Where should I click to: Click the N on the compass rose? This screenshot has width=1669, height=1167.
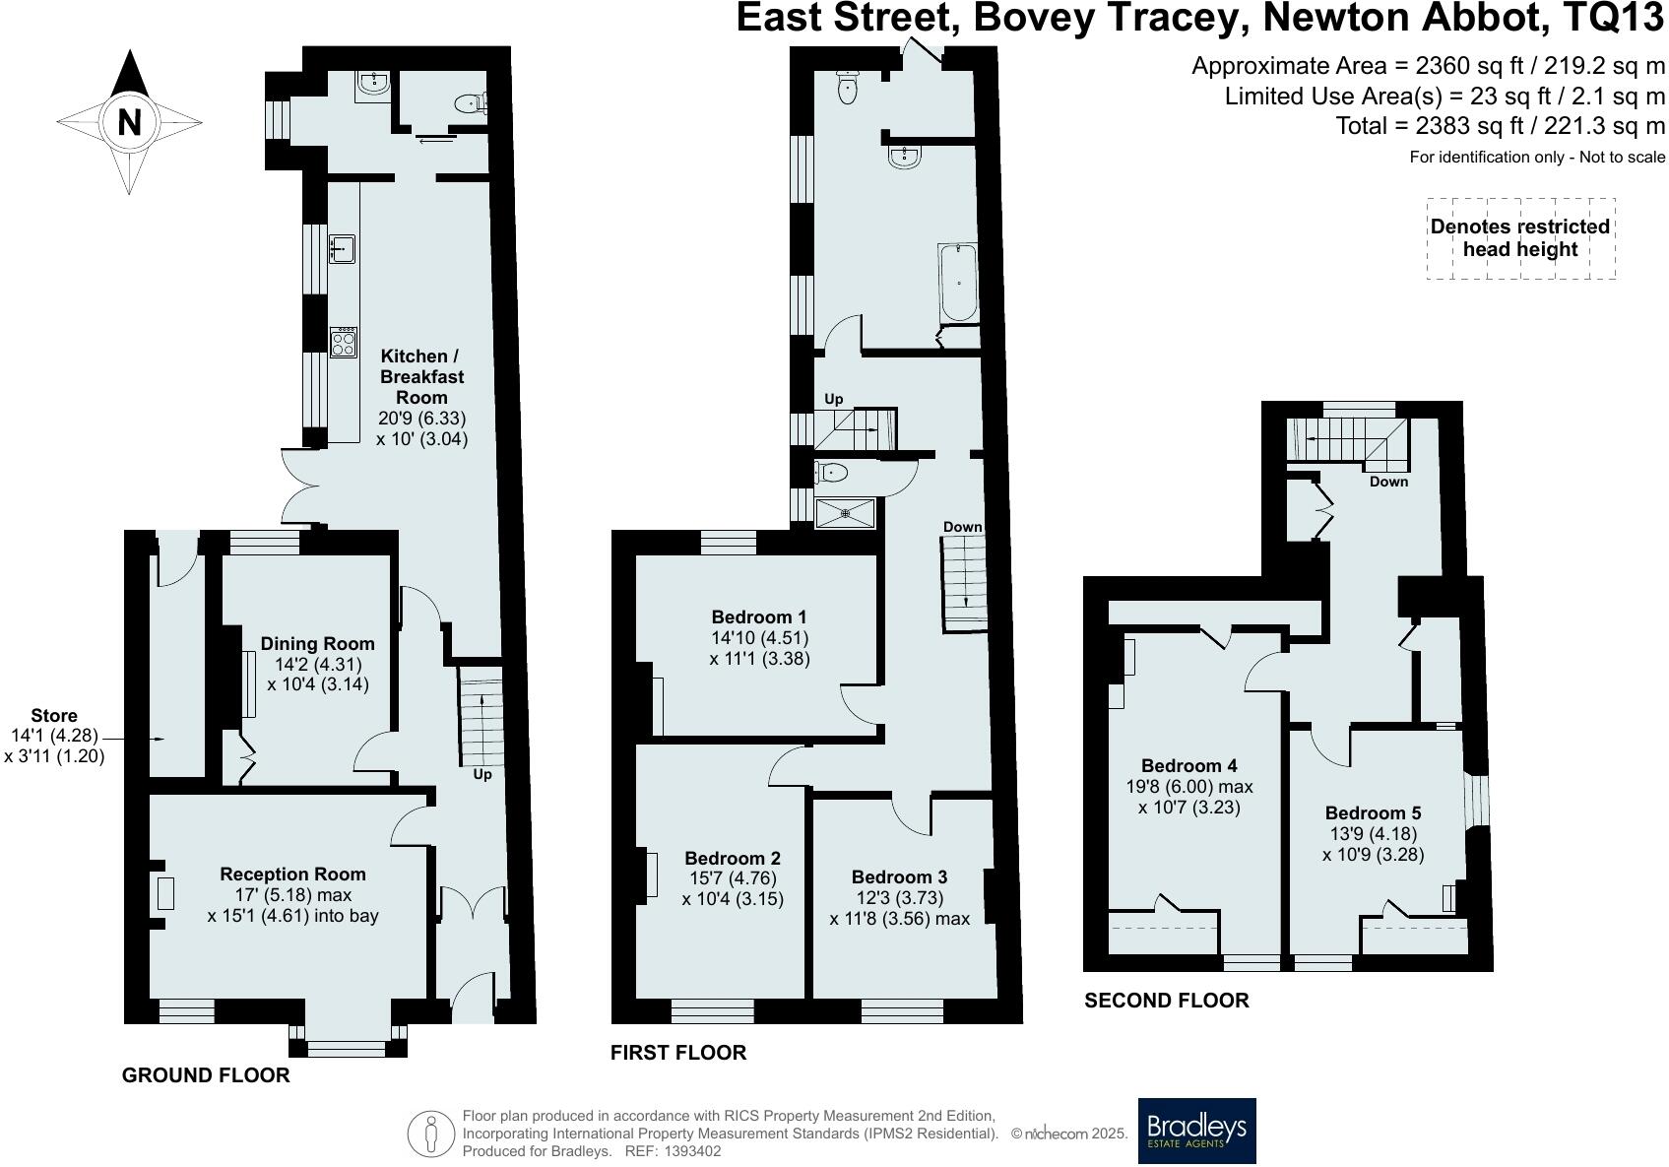129,122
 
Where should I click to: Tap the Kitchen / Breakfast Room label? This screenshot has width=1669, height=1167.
421,376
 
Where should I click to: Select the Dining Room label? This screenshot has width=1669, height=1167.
317,644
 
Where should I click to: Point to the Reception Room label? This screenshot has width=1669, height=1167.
292,875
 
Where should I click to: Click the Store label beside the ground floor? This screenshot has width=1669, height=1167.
54,716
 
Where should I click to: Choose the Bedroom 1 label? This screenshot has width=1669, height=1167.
759,617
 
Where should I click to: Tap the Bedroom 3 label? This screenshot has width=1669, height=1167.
899,877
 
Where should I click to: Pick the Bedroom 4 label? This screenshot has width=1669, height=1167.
1188,766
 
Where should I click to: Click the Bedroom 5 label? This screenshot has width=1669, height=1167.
1373,813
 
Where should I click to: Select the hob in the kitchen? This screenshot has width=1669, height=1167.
344,342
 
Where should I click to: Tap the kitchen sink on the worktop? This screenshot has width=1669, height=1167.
343,249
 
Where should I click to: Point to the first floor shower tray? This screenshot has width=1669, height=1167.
845,513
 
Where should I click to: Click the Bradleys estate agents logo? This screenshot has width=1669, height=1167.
1196,1131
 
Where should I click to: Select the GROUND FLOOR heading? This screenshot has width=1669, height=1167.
206,1075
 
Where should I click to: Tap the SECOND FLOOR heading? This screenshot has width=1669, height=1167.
1166,1001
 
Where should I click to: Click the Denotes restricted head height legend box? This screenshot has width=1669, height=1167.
1519,238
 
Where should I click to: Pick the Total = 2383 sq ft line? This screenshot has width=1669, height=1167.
1500,126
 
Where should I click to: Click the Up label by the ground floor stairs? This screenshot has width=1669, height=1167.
482,775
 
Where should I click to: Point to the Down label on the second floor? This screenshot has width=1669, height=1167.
1388,482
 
